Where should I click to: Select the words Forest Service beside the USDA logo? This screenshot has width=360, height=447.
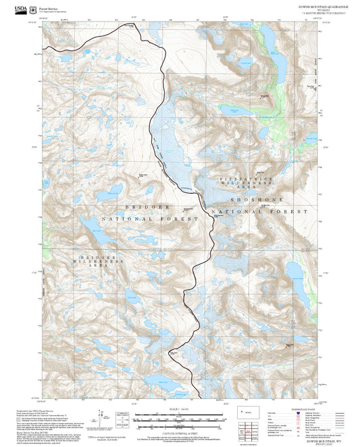pos(48,6)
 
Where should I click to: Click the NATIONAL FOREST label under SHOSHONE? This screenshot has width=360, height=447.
pos(255,212)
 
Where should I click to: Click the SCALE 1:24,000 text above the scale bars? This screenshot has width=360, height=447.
pos(178,410)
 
